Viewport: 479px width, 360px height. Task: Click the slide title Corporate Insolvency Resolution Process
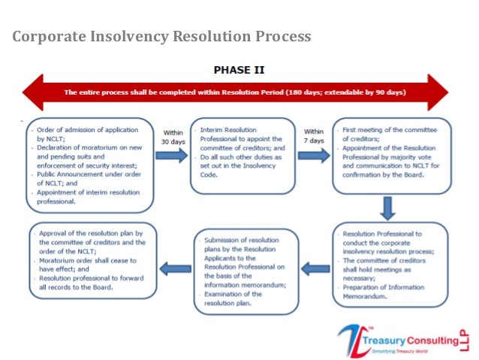click(x=161, y=37)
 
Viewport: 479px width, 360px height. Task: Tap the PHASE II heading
click(x=239, y=70)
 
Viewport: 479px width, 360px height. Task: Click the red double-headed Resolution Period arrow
click(x=235, y=92)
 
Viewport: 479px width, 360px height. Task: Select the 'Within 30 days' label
click(x=173, y=137)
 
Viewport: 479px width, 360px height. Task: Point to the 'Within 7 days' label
click(x=314, y=137)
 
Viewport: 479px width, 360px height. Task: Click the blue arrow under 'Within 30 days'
click(x=172, y=156)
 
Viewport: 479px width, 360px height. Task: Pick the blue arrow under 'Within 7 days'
click(x=314, y=156)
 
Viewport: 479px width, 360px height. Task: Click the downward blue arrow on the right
click(x=387, y=207)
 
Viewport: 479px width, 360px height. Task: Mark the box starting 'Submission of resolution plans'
click(x=246, y=267)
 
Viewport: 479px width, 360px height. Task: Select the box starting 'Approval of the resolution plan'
click(x=93, y=260)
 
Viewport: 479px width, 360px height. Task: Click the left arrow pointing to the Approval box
click(x=175, y=266)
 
